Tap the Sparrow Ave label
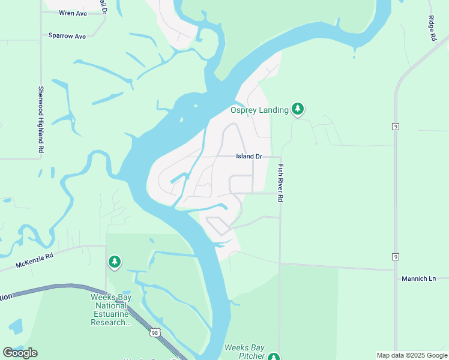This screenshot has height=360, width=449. tap(67, 36)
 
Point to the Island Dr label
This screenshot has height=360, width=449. tap(249, 156)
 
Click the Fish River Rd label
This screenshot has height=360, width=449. tap(280, 184)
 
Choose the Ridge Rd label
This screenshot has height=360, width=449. tap(432, 28)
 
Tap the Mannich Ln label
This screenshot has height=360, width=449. tap(418, 278)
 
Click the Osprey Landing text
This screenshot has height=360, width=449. tap(259, 110)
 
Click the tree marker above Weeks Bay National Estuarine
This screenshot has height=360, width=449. tap(114, 262)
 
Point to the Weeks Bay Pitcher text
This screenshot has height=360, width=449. tap(244, 352)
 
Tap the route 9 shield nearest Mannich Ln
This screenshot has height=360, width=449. tap(395, 256)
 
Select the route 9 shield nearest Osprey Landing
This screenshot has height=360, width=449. tap(395, 127)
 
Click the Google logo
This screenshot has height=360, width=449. tap(20, 352)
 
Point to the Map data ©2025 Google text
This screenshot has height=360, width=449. tap(411, 355)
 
